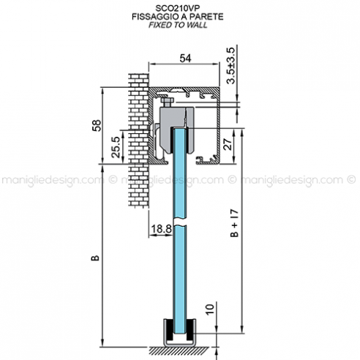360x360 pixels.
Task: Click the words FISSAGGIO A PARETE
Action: tap(179, 15)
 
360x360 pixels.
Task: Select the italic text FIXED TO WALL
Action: tap(179, 24)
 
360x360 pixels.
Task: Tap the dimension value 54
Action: tap(187, 58)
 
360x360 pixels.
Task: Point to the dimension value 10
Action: tap(210, 312)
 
